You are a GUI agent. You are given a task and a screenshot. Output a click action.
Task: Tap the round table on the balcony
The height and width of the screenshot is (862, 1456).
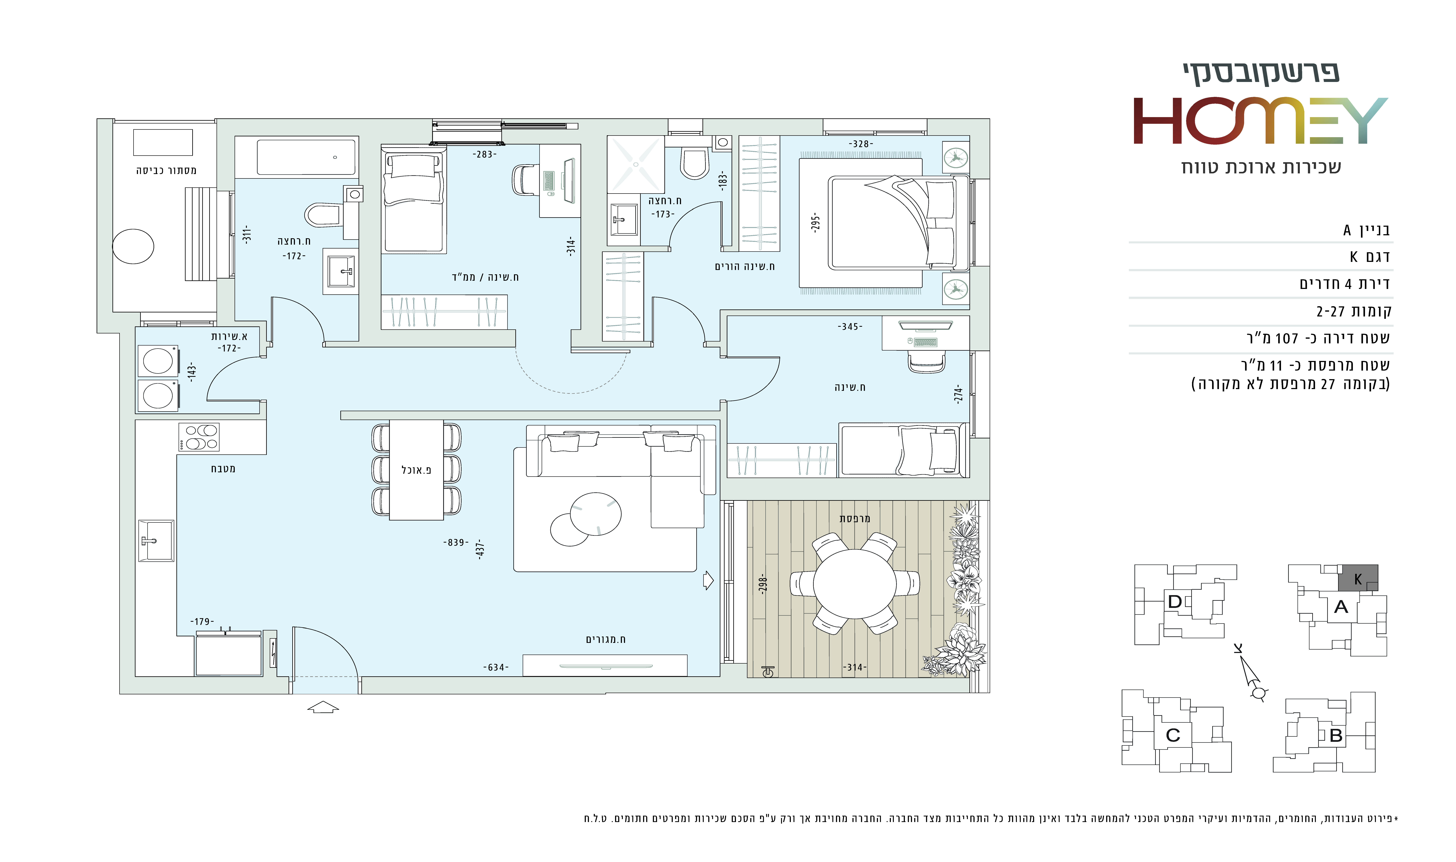tap(854, 584)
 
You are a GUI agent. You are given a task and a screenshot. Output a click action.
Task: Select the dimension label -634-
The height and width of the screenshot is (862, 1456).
tap(496, 667)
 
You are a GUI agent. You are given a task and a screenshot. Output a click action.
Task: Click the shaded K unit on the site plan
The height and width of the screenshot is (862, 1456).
tap(1358, 578)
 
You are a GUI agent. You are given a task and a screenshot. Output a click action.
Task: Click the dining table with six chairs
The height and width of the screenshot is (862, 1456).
tap(417, 470)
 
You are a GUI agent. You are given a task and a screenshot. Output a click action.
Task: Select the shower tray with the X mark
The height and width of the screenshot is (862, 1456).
tap(636, 164)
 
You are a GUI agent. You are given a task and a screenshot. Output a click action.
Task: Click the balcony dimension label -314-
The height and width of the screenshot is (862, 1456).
tap(855, 667)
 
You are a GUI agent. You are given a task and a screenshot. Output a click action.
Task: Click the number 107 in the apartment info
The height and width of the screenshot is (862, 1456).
tap(1286, 338)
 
